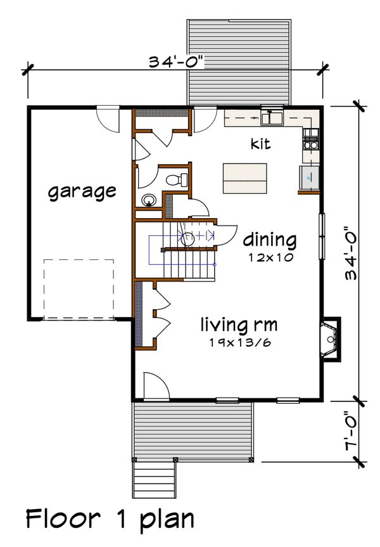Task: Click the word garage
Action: click(82, 191)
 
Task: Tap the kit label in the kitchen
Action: click(260, 144)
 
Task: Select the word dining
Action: click(270, 240)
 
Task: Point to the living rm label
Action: click(239, 326)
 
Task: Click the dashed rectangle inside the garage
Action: click(79, 288)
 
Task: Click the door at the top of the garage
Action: click(108, 119)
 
